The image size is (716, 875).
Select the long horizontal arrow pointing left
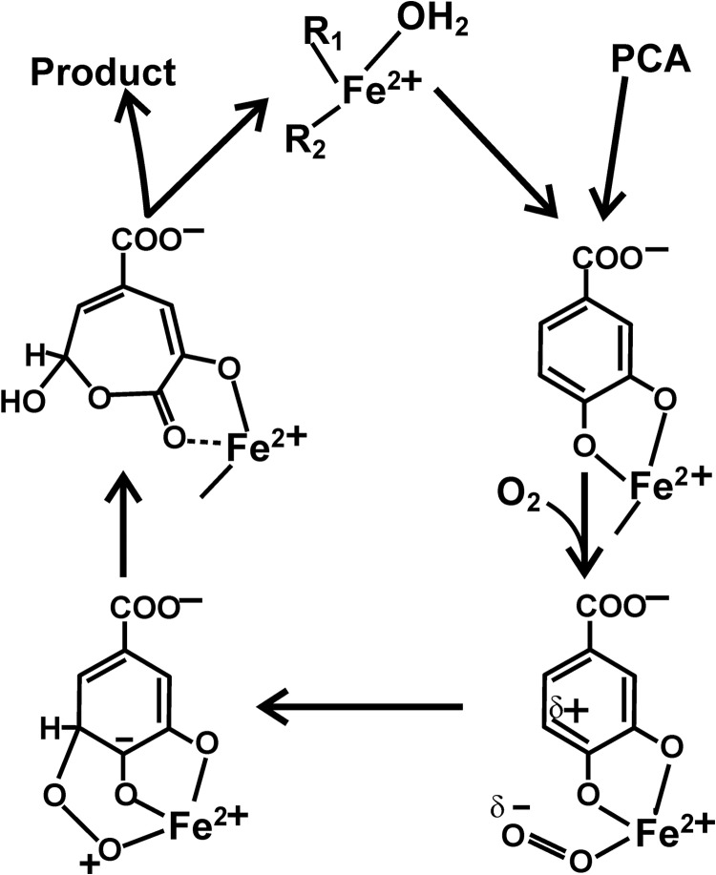click(363, 707)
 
